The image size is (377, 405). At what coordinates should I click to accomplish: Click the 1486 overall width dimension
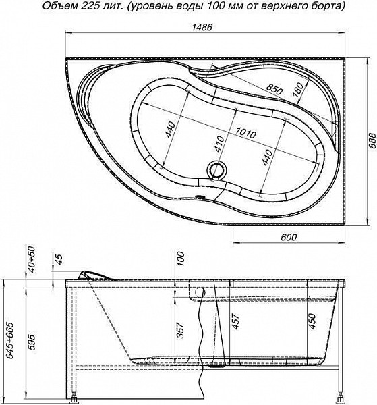pyautogui.click(x=202, y=27)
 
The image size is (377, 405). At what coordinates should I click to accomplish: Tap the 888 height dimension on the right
pyautogui.click(x=372, y=141)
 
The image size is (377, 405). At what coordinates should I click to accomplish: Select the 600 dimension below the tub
pyautogui.click(x=289, y=237)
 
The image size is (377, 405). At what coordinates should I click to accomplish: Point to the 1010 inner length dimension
pyautogui.click(x=246, y=133)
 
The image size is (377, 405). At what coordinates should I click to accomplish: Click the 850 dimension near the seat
pyautogui.click(x=274, y=89)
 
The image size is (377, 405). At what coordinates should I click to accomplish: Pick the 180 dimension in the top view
pyautogui.click(x=298, y=90)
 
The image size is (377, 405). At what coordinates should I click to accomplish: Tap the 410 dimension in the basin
pyautogui.click(x=220, y=144)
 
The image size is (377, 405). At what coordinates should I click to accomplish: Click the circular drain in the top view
pyautogui.click(x=217, y=169)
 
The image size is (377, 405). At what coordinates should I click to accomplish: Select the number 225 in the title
pyautogui.click(x=90, y=6)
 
